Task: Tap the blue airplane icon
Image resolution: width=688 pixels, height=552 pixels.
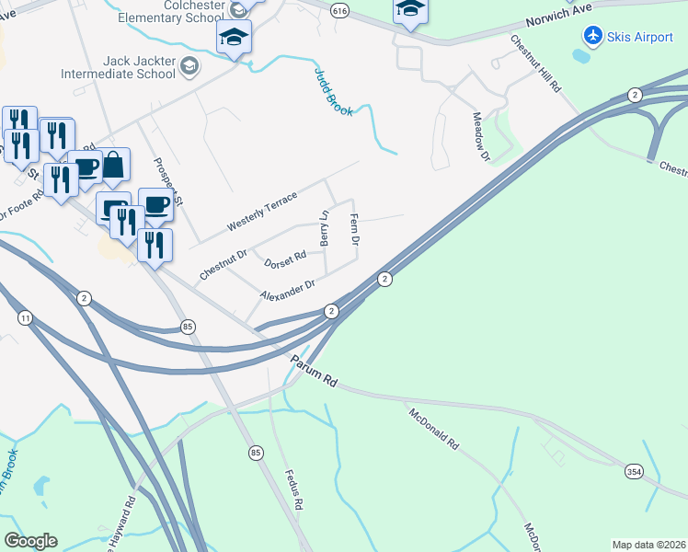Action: [592, 35]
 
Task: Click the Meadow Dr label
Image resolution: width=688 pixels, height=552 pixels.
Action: [479, 136]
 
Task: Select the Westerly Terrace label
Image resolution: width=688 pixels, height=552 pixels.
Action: [262, 211]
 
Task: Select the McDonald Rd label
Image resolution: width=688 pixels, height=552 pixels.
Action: [434, 428]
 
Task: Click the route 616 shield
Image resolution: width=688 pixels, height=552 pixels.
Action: [340, 10]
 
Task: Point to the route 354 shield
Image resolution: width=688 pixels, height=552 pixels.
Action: [635, 471]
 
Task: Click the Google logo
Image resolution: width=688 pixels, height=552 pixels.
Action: [30, 541]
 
